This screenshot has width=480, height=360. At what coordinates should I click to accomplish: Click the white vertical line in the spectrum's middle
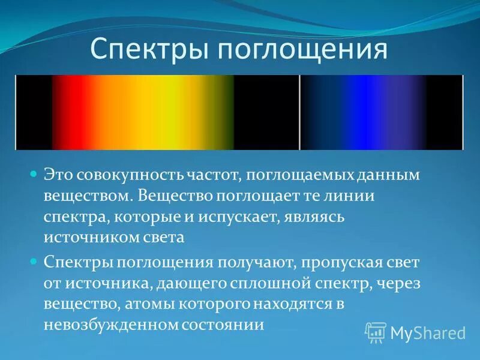tap(299, 112)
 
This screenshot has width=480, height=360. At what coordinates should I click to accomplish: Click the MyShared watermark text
tap(427, 332)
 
